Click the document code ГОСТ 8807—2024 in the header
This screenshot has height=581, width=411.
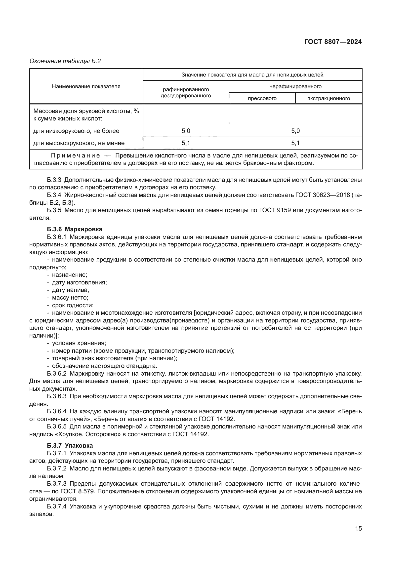coord(333,42)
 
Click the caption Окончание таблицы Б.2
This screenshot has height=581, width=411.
coord(65,61)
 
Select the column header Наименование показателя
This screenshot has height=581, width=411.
coord(86,86)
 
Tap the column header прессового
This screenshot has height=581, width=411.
coord(262,98)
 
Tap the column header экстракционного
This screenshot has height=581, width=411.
coord(329,98)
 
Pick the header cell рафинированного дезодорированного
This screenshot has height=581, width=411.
coord(186,92)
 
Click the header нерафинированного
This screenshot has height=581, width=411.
coord(295,86)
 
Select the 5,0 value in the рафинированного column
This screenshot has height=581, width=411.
coord(186,131)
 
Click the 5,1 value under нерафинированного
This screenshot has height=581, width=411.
coord(295,143)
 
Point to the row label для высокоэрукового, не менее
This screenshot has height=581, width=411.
coord(79,143)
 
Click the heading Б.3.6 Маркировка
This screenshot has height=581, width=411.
coord(74,229)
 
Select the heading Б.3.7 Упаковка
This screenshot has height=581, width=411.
coord(70,445)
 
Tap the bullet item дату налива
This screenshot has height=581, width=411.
coord(70,290)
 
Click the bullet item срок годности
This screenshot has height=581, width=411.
coord(73,305)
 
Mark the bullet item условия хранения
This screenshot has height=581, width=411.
coord(79,343)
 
